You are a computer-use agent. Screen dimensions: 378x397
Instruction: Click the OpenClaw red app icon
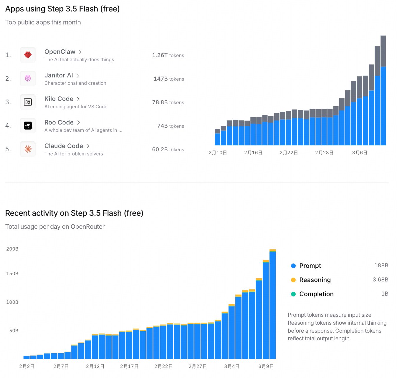pos(28,55)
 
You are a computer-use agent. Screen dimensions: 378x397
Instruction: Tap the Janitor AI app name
pos(59,75)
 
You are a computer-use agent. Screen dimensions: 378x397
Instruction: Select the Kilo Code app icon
pos(28,102)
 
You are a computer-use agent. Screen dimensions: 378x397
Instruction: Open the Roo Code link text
pos(59,122)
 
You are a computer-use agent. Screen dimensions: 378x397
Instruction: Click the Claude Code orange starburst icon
pos(28,149)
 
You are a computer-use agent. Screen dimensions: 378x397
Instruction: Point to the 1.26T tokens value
pos(168,55)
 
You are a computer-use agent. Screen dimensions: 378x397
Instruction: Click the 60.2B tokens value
pos(168,150)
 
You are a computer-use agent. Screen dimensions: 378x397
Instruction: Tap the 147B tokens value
pos(169,79)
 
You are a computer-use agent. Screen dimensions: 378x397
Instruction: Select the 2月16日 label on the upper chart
pos(253,153)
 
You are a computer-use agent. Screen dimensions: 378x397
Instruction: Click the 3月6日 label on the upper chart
pos(360,153)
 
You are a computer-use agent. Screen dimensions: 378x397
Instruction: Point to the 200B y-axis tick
pos(12,249)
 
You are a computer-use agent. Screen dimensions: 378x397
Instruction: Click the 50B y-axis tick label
pos(14,331)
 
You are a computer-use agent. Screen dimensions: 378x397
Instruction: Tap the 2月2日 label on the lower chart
pos(27,367)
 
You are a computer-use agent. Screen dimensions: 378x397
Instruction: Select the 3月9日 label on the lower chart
pos(266,367)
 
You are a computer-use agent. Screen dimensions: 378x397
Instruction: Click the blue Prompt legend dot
pos(293,266)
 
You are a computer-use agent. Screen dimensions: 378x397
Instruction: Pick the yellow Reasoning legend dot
pos(293,280)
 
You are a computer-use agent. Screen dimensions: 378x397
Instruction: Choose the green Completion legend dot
pos(293,294)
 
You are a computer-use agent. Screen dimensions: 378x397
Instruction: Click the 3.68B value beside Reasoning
pos(380,280)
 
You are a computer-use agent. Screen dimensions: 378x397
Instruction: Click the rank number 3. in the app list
pos(8,102)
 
